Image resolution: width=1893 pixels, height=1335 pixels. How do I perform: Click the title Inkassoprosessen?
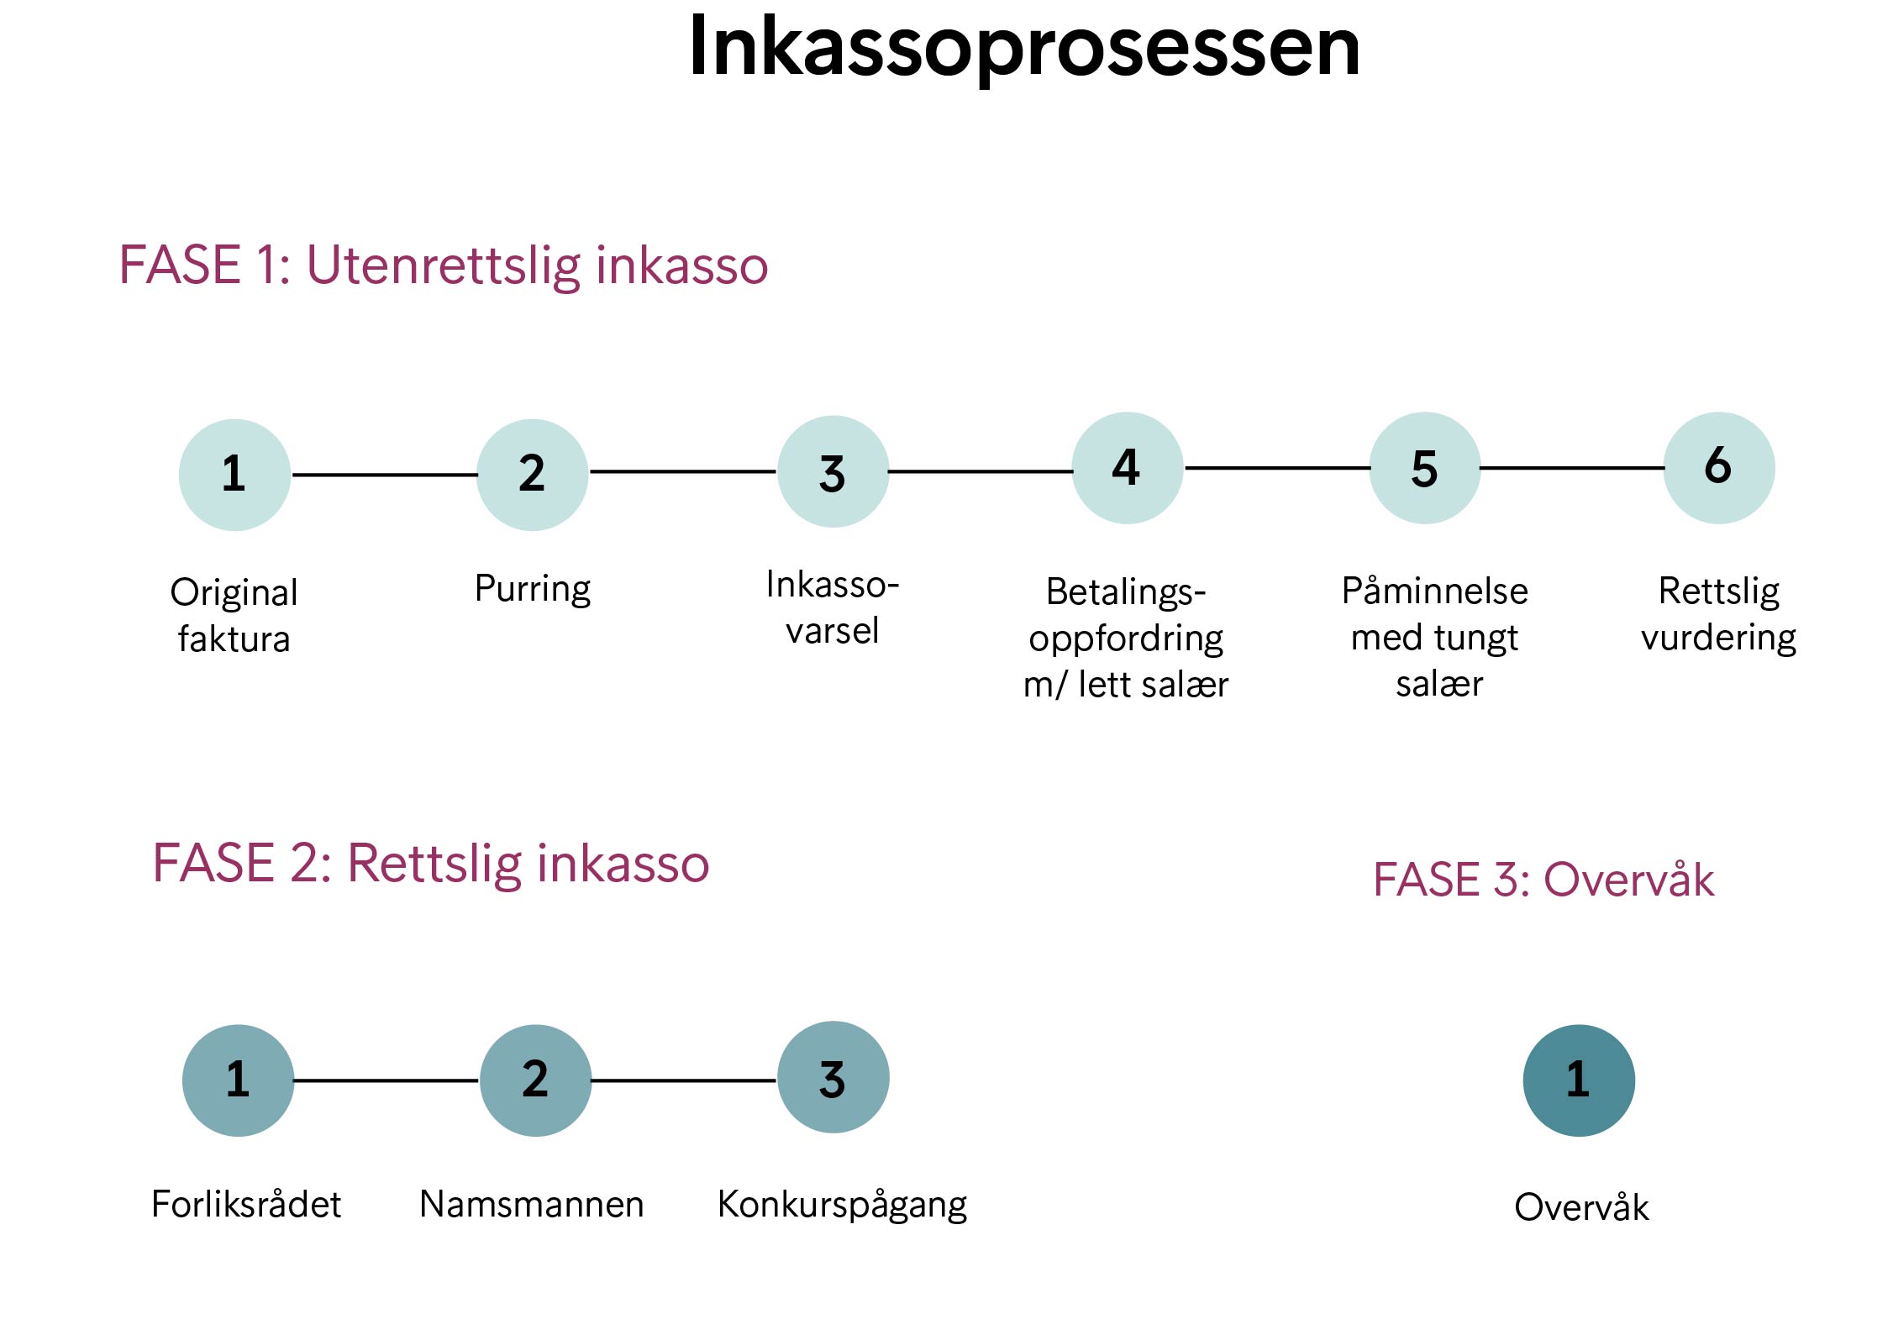click(1023, 48)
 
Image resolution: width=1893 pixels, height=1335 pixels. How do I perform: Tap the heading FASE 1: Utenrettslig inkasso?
click(444, 265)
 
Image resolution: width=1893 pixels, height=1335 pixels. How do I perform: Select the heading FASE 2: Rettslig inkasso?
click(431, 864)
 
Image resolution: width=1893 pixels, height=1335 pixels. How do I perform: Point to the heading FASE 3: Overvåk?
click(1543, 880)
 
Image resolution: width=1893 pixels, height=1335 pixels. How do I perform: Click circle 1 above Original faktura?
click(234, 475)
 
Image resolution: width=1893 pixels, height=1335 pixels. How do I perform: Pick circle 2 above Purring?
click(533, 475)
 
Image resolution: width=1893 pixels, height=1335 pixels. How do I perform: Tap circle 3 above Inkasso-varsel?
click(833, 471)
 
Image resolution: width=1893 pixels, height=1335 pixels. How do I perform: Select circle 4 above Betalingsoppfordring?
click(1128, 468)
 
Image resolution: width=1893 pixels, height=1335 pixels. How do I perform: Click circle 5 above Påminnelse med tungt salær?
click(1425, 468)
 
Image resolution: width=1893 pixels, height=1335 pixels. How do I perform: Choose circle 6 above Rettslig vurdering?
click(1719, 468)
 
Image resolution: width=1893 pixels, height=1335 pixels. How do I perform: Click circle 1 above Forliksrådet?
click(238, 1080)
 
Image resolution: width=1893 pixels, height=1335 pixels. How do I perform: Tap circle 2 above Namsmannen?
click(535, 1080)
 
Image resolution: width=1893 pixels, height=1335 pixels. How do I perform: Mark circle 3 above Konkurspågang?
click(833, 1077)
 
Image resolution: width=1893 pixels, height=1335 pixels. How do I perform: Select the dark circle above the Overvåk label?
click(1579, 1080)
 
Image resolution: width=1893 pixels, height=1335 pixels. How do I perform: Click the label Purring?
click(533, 589)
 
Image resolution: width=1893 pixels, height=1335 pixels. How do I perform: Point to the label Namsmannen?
click(532, 1204)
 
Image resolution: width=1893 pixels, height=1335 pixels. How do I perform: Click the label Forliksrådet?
click(246, 1204)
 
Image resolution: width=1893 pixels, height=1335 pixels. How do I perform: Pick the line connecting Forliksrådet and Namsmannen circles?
click(386, 1080)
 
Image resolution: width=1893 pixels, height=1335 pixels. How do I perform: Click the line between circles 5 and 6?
click(1572, 468)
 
